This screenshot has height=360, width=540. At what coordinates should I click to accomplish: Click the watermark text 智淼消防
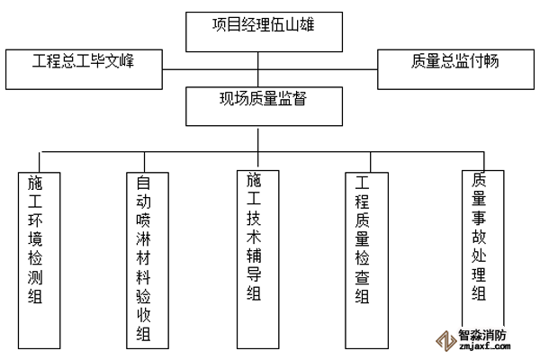click(x=483, y=332)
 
